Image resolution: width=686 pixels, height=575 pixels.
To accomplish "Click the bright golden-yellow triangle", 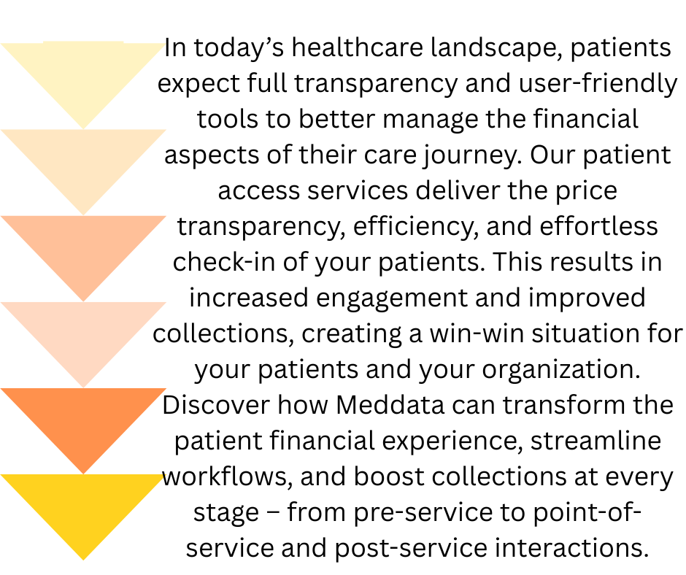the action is coord(82,503).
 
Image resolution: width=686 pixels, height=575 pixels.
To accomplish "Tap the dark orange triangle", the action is coord(82,417).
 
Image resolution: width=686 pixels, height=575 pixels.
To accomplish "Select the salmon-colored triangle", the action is coord(82,245).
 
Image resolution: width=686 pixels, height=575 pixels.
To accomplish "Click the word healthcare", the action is coord(358,47).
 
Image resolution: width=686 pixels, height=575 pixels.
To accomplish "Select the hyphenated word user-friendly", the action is coord(598,84).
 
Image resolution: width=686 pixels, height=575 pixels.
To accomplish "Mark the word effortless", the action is coord(598,226).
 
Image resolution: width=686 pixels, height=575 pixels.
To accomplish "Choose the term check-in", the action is coord(224,262).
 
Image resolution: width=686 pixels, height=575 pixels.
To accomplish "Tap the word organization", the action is coord(561,370).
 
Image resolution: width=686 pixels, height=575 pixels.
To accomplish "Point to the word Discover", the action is coord(216,405).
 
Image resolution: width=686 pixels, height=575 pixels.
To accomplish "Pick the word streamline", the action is coord(596,441).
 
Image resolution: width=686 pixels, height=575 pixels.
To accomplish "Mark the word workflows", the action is coord(228,476).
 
